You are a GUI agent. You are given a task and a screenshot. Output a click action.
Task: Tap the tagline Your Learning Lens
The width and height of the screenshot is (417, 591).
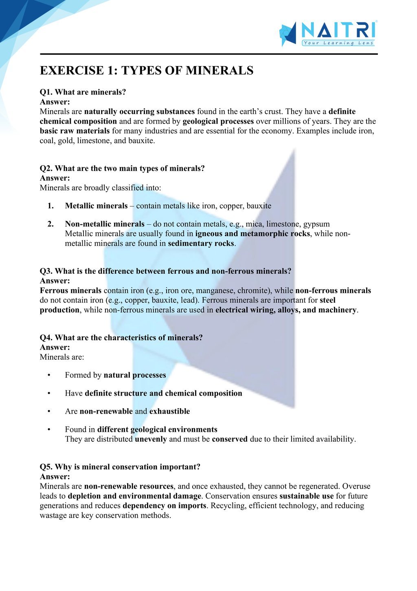(x=338, y=43)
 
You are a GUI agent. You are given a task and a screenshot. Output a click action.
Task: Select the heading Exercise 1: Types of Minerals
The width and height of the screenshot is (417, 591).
(x=147, y=71)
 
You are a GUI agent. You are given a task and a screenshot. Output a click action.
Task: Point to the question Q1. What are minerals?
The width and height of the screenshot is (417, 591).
(x=83, y=92)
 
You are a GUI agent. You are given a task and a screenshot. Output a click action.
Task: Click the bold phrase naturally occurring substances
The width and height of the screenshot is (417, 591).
(x=139, y=111)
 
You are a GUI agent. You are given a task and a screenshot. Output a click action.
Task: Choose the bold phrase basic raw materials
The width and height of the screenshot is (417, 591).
(x=75, y=131)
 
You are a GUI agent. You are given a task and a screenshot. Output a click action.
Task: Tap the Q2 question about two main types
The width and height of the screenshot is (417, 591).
(x=122, y=168)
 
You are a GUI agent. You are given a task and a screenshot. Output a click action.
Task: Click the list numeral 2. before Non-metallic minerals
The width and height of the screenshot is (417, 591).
(x=50, y=224)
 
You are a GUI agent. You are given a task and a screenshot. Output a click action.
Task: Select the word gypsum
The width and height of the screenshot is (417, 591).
(x=316, y=224)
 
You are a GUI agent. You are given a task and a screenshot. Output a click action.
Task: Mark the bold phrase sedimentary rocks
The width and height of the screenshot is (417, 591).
(x=201, y=243)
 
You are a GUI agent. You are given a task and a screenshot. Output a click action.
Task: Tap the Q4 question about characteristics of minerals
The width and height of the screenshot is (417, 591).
(x=121, y=338)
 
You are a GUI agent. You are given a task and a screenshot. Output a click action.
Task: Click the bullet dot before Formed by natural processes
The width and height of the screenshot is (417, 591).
(x=49, y=375)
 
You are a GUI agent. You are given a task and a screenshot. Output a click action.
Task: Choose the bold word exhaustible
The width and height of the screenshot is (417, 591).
(x=169, y=411)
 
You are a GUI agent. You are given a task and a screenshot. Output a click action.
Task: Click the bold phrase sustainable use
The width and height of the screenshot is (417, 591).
(x=306, y=496)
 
